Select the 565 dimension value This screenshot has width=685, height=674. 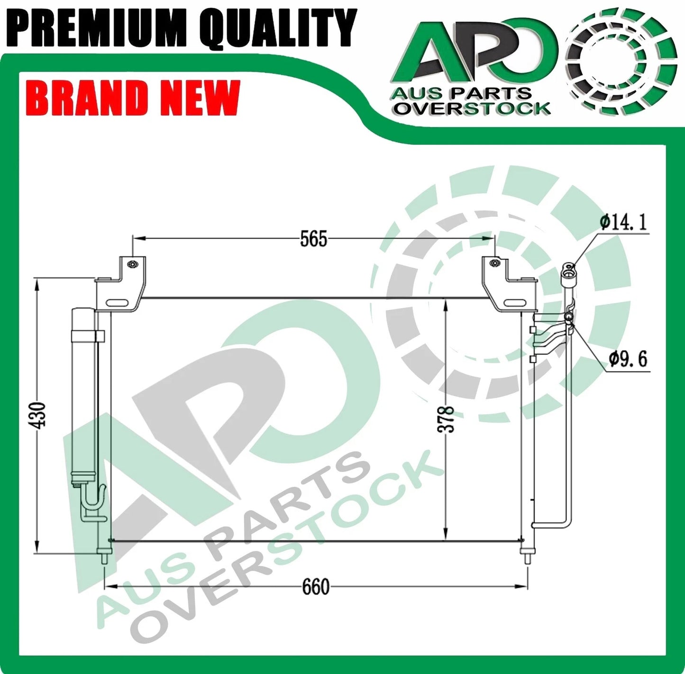[x=313, y=239]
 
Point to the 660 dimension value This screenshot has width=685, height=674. [x=315, y=587]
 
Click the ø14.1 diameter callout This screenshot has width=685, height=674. [x=623, y=222]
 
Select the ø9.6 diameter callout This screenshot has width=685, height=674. [x=628, y=359]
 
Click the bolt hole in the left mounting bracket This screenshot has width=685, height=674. [x=133, y=264]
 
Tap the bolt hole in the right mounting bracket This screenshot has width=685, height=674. [x=494, y=262]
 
